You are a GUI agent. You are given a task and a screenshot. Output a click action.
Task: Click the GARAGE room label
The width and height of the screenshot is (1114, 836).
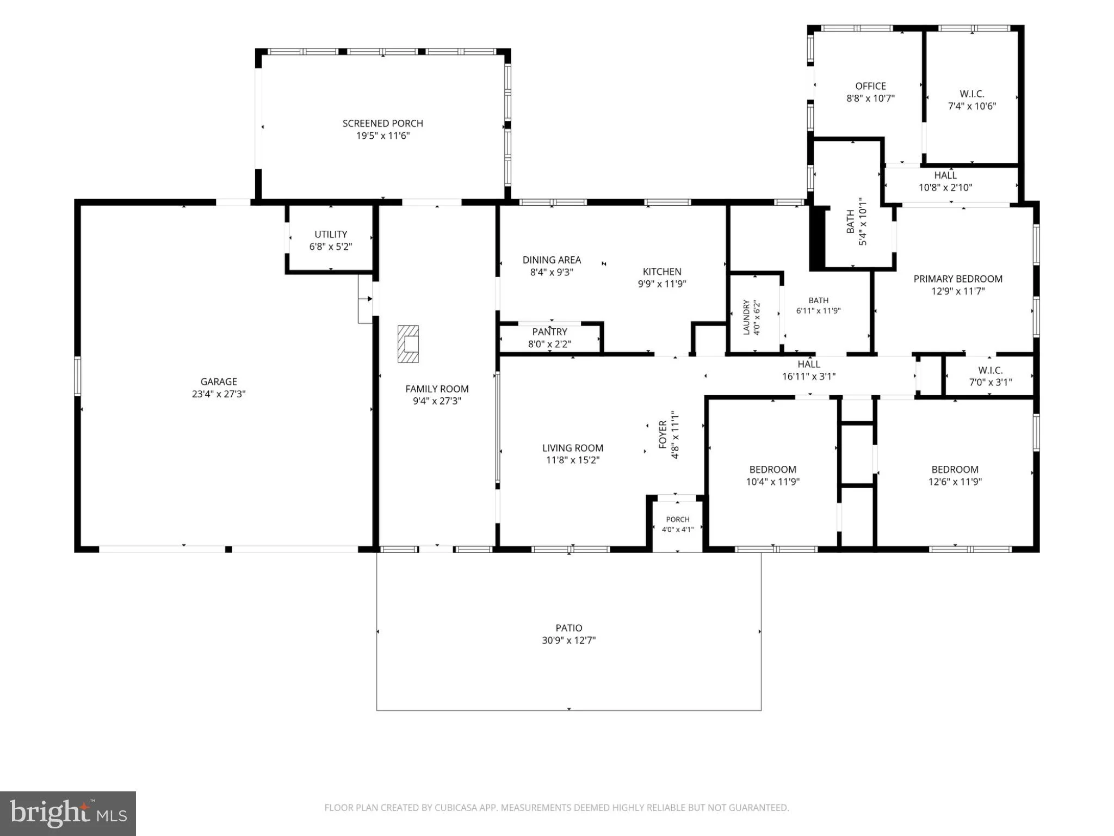[219, 382]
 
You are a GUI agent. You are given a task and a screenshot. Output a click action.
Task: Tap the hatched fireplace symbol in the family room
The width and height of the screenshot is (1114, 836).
[408, 344]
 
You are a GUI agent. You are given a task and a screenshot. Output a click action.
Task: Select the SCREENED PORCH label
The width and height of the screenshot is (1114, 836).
[383, 124]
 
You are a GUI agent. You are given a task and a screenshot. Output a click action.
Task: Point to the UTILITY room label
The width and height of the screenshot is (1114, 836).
[331, 235]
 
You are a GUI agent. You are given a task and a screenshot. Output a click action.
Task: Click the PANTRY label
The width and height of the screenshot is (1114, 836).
[549, 332]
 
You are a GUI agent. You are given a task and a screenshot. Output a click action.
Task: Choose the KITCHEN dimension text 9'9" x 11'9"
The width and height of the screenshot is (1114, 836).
[662, 284]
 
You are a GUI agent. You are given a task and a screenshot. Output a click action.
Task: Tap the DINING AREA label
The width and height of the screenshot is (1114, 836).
[552, 260]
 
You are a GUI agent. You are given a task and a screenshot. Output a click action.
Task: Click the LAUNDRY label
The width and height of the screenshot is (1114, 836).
[746, 317]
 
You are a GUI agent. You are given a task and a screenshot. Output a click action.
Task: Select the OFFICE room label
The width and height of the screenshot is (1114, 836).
[870, 86]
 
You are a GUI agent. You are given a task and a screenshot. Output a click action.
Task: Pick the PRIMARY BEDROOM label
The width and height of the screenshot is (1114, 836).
[958, 279]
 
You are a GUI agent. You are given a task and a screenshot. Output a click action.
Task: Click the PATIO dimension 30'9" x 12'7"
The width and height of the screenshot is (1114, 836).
[568, 640]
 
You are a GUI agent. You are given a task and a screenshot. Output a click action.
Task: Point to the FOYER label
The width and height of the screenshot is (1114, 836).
[663, 434]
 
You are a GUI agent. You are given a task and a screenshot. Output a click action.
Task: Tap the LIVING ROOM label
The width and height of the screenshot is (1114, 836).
[572, 448]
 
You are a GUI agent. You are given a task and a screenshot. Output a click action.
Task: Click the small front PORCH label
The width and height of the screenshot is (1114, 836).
[678, 519]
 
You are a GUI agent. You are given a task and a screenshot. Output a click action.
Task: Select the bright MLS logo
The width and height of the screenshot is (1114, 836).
[68, 814]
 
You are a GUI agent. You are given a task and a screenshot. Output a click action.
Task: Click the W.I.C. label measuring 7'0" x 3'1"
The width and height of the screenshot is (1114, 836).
[990, 370]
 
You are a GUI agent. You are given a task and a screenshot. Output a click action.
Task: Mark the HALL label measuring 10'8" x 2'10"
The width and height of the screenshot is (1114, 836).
[945, 175]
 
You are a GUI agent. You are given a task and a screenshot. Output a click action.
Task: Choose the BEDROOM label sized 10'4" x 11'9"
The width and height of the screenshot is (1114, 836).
[772, 469]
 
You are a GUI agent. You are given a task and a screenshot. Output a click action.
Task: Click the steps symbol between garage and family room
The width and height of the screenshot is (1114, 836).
[365, 299]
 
